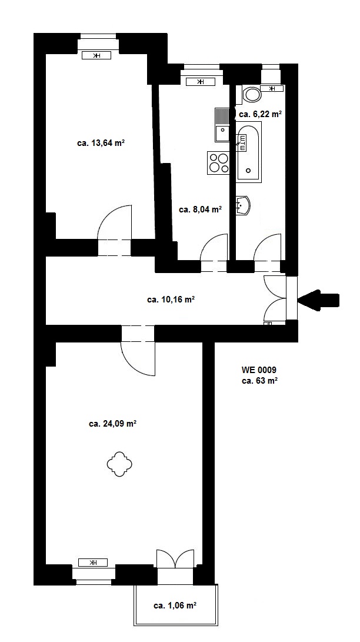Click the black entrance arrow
tap(318, 300)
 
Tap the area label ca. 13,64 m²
tap(101, 144)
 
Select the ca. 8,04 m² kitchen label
tap(201, 209)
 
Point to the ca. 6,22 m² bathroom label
tap(260, 114)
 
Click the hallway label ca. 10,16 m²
tap(171, 300)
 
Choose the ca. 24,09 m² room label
tap(112, 424)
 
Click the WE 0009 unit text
tap(259, 370)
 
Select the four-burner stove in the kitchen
tap(219, 162)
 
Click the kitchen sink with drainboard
tap(222, 125)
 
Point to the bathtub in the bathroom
tap(249, 152)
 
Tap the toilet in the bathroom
tap(252, 95)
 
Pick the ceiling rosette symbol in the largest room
tap(119, 464)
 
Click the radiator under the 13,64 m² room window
tap(96, 56)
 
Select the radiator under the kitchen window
tap(201, 82)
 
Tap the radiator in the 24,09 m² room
tap(93, 562)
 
